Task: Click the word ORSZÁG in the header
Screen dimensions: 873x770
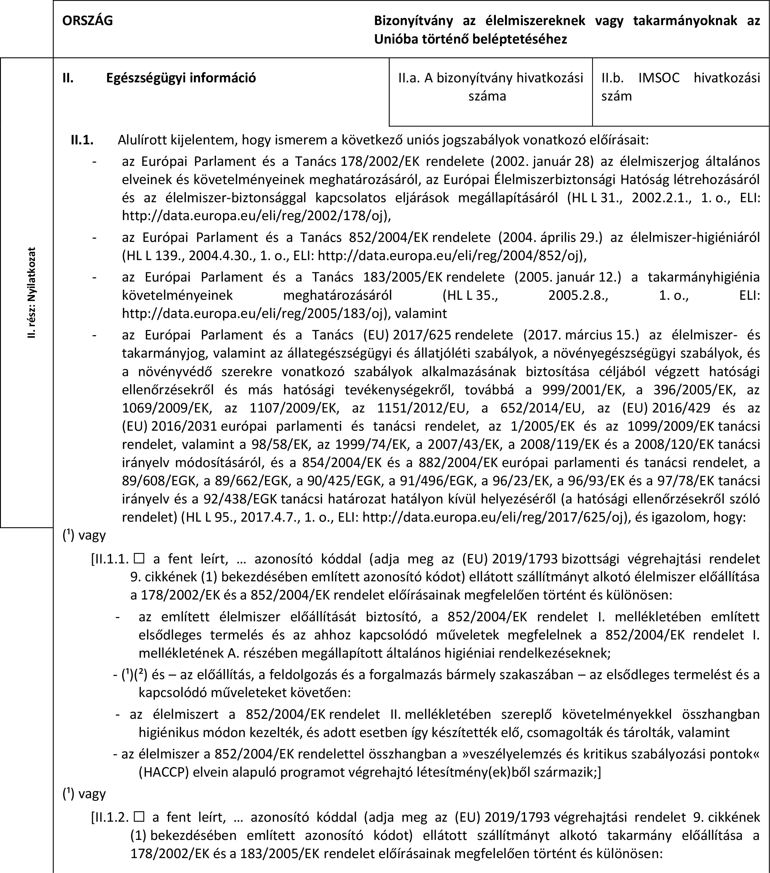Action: (88, 21)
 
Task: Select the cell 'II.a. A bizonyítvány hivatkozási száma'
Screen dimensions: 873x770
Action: (490, 87)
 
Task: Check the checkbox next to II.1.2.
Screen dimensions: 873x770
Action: (138, 817)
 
